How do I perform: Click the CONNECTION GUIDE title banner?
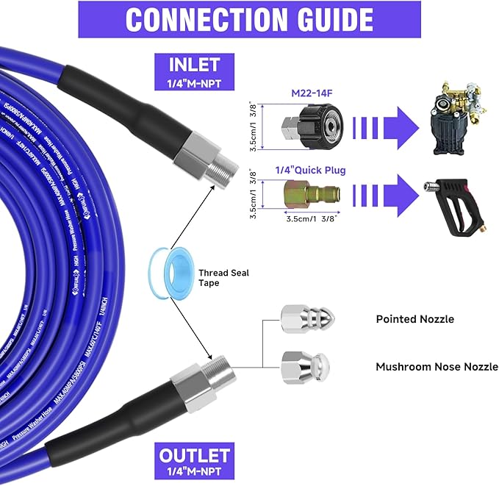(x=249, y=19)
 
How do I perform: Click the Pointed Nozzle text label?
(x=414, y=319)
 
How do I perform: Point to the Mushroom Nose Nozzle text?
(x=437, y=366)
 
